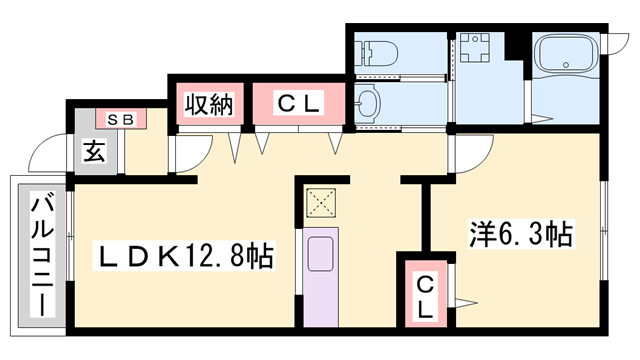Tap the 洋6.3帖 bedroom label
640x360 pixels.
[520, 236]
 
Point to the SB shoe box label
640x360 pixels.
[120, 119]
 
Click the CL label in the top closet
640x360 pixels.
[297, 103]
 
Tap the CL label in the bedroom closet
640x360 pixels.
[426, 296]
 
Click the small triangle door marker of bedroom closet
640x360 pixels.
[465, 300]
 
